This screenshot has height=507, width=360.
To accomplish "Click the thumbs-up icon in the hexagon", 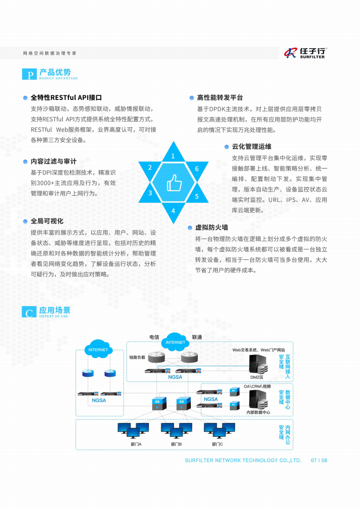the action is (x=174, y=183).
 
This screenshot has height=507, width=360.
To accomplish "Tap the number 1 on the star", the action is (x=173, y=156).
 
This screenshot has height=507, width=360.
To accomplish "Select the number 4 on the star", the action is (x=173, y=211).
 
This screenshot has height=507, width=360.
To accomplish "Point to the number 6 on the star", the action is (x=197, y=169).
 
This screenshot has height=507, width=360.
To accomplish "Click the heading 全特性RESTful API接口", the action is (x=66, y=98).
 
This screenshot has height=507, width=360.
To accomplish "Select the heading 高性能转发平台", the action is (x=220, y=98).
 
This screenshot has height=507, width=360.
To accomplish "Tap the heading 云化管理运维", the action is (x=252, y=147).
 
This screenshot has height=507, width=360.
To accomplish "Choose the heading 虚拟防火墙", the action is (x=212, y=228).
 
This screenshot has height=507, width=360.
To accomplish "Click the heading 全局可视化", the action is (x=47, y=221).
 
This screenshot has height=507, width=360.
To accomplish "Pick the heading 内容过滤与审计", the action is (x=54, y=161).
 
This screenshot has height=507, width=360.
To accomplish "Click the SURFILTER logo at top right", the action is (x=305, y=53).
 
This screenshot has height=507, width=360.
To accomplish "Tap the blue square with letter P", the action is (x=29, y=74).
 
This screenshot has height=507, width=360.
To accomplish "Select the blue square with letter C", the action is (x=29, y=312).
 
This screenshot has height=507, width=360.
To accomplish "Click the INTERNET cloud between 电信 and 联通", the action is (x=175, y=341).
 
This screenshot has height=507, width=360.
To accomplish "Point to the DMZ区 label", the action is (x=257, y=377).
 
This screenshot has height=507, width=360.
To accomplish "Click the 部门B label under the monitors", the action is (x=176, y=444).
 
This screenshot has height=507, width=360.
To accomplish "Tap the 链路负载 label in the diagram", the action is (x=137, y=357).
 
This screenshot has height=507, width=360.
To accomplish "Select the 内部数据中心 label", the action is (x=258, y=412).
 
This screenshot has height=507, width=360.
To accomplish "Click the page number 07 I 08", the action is (x=319, y=460).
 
